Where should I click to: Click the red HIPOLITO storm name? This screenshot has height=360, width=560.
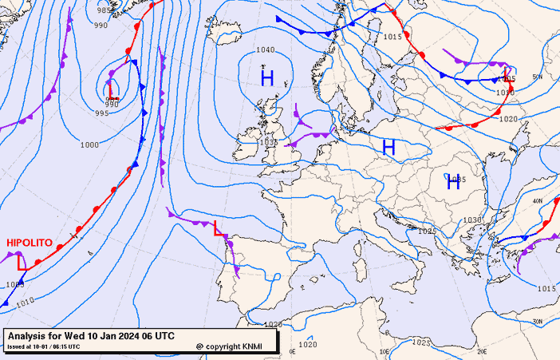(x=30, y=242)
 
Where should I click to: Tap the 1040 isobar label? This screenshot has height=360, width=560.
(x=266, y=50)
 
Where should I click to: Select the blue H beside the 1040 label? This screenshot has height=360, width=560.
(x=267, y=77)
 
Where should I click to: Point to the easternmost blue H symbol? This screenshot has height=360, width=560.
(x=454, y=183)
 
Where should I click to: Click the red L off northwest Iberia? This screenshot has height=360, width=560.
(x=217, y=227)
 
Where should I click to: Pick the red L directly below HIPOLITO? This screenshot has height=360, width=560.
(x=22, y=262)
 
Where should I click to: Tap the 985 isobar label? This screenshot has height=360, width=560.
(x=105, y=10)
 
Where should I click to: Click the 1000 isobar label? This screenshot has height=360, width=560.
(x=89, y=144)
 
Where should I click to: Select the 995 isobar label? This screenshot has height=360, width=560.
(x=101, y=113)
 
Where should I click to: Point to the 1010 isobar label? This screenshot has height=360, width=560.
(x=24, y=301)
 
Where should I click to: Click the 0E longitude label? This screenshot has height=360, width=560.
(x=291, y=351)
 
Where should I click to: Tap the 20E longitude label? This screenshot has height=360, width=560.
(x=481, y=351)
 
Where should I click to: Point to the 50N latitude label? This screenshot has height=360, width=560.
(x=538, y=77)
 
